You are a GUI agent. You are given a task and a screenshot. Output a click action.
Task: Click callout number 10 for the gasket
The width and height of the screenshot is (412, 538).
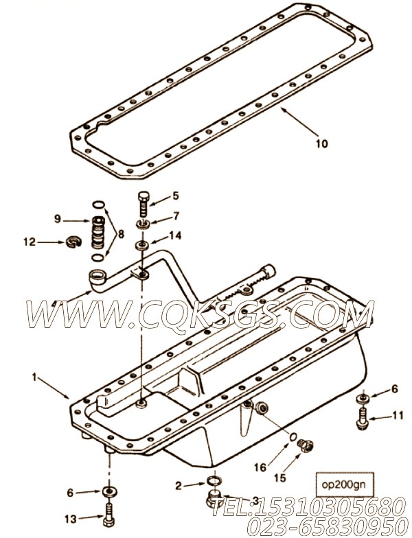(322, 143)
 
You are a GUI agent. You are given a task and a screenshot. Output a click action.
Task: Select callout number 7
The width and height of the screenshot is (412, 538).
(175, 215)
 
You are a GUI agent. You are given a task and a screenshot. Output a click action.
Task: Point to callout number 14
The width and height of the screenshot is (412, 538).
(176, 235)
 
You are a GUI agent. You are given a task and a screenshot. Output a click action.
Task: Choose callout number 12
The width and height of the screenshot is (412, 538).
(28, 242)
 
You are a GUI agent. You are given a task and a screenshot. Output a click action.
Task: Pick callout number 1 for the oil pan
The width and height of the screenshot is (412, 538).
(34, 377)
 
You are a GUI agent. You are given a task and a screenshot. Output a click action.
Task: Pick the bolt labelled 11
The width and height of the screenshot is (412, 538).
(361, 415)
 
